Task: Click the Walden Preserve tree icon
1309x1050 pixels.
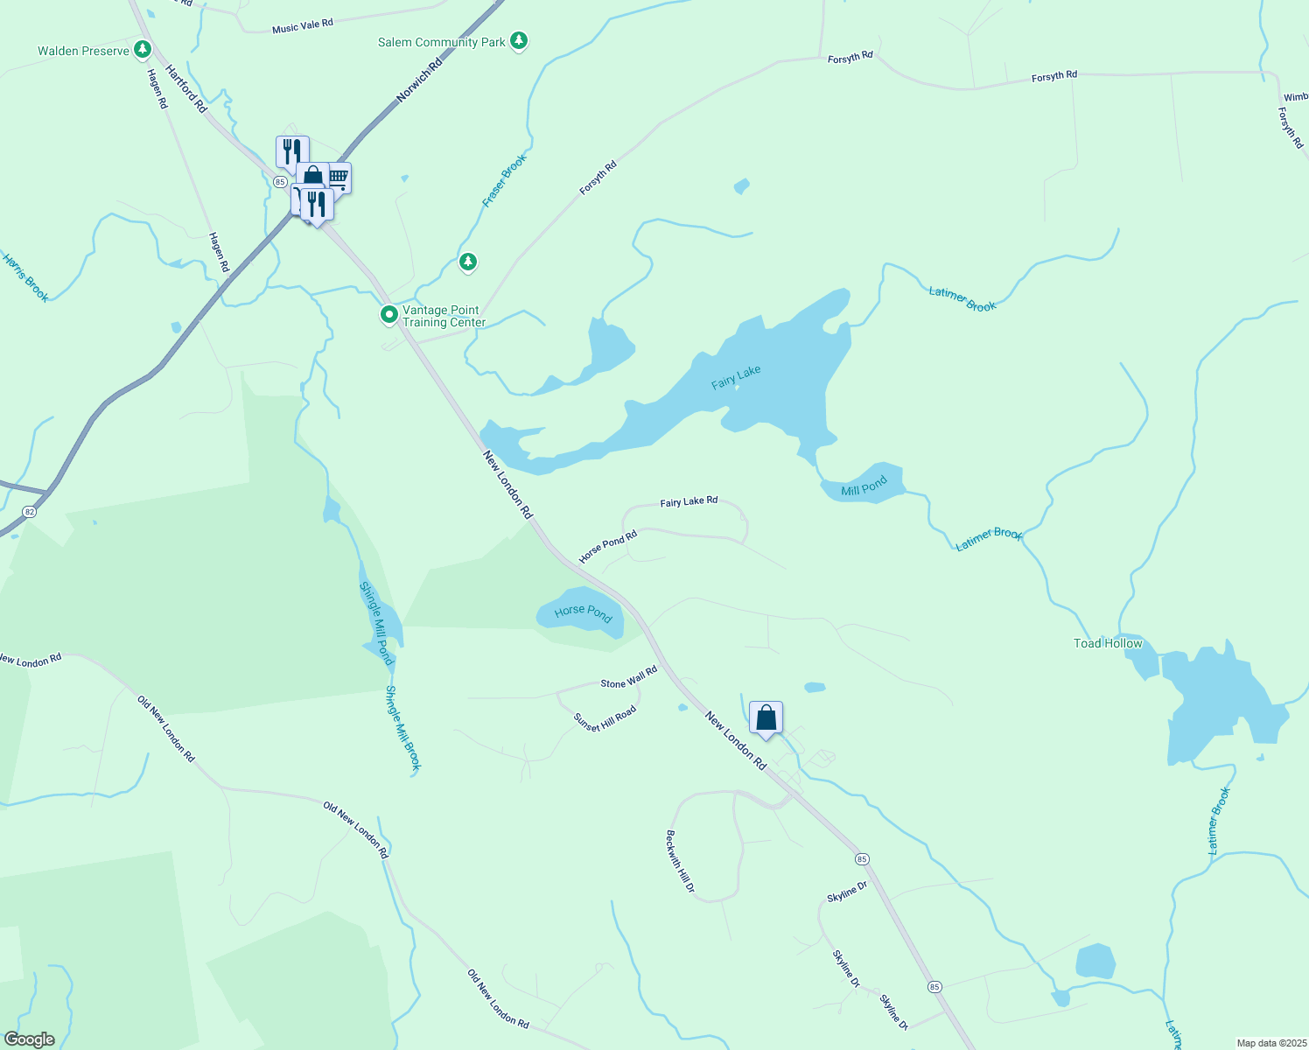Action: pyautogui.click(x=143, y=49)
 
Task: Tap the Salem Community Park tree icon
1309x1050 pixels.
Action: pyautogui.click(x=519, y=40)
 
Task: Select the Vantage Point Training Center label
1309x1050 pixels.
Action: pyautogui.click(x=443, y=316)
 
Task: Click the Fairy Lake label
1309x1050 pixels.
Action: pyautogui.click(x=736, y=377)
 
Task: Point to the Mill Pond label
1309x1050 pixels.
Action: pyautogui.click(x=864, y=486)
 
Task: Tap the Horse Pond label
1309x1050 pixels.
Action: pyautogui.click(x=583, y=612)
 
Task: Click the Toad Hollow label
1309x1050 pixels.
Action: pyautogui.click(x=1108, y=643)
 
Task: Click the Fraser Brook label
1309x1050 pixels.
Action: pyautogui.click(x=505, y=181)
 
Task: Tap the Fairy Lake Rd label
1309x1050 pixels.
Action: pyautogui.click(x=689, y=501)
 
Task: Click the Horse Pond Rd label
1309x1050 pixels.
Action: pyautogui.click(x=607, y=547)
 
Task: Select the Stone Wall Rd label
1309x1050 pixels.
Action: pyautogui.click(x=628, y=677)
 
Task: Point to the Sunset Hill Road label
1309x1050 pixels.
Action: pyautogui.click(x=605, y=718)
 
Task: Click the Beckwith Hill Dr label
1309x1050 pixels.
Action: pyautogui.click(x=680, y=862)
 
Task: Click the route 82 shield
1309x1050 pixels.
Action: pyautogui.click(x=31, y=512)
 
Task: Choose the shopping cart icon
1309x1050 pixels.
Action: pyautogui.click(x=339, y=178)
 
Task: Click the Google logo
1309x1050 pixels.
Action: pyautogui.click(x=30, y=1039)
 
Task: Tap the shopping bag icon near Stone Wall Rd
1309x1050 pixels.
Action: pyautogui.click(x=766, y=717)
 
